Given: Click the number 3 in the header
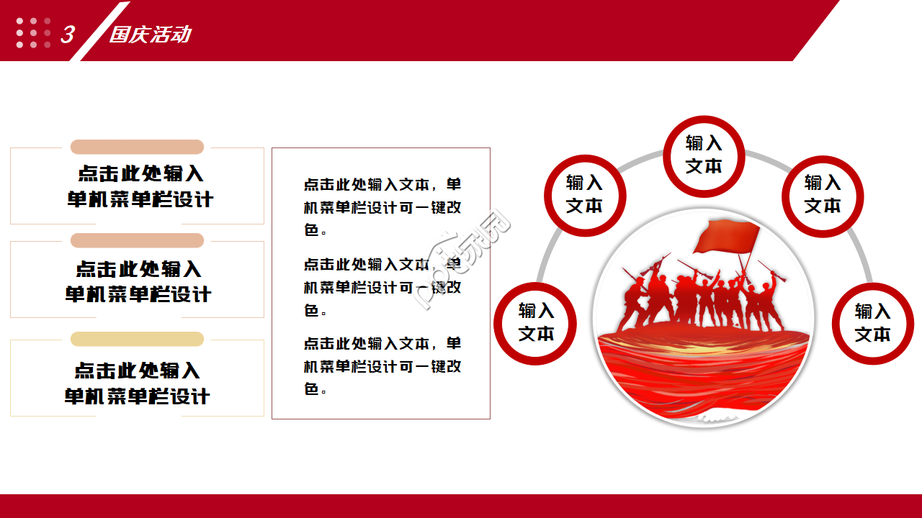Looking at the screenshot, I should [67, 34].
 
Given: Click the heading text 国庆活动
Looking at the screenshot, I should [150, 34].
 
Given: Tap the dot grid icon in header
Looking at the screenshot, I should [33, 33].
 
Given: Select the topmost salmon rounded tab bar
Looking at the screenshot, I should [137, 147].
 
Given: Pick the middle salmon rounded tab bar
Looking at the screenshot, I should [137, 240].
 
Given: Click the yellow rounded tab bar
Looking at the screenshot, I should [137, 339].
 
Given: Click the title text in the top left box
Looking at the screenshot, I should [140, 186].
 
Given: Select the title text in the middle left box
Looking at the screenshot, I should [138, 281].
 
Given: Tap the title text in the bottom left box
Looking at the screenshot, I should [137, 383].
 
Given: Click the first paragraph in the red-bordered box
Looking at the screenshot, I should [382, 207].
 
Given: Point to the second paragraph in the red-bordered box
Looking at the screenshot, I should [382, 287].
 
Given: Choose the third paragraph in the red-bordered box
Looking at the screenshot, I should [382, 366].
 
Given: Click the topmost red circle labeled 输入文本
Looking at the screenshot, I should [703, 155].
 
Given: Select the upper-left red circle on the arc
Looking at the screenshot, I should [584, 195].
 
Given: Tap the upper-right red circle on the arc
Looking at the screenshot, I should [822, 195].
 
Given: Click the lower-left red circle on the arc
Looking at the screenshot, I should [535, 323].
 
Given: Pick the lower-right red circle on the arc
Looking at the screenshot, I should [872, 323].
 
